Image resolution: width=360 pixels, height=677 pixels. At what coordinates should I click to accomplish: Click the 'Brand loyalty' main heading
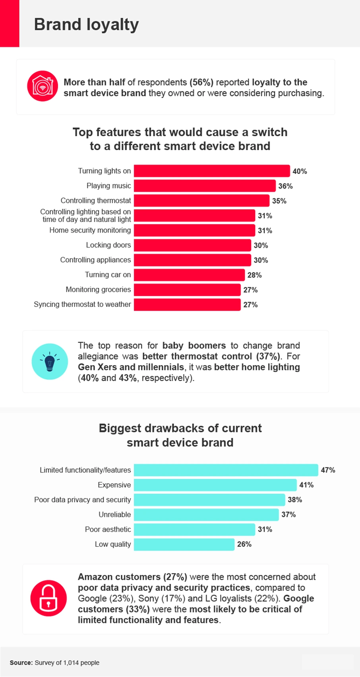tap(86, 25)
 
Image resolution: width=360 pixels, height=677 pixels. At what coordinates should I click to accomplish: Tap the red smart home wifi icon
tap(43, 86)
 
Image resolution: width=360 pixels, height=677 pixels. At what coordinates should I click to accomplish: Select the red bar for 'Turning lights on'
tap(211, 171)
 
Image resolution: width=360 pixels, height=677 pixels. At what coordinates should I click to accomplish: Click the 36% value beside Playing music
tap(285, 186)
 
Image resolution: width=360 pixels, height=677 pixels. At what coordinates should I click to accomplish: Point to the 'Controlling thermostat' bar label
tap(95, 201)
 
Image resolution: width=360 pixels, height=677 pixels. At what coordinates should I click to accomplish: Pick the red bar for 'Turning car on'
tap(189, 275)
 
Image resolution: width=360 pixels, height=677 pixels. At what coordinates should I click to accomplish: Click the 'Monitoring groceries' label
tap(98, 289)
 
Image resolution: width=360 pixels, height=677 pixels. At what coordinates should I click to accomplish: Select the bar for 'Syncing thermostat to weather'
tap(187, 305)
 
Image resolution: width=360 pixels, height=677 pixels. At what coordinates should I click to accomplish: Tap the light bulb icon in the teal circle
tap(50, 362)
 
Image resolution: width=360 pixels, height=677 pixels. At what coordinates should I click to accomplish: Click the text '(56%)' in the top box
tap(201, 82)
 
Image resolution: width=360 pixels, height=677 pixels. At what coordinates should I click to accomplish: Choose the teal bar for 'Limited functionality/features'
tap(226, 470)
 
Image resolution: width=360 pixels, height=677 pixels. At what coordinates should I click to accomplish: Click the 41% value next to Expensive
tap(306, 485)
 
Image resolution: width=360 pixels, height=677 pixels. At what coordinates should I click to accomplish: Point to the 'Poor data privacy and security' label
tap(82, 500)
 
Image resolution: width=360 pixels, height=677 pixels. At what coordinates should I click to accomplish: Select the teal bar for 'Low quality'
tap(184, 544)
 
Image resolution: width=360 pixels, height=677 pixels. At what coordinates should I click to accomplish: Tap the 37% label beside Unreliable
tap(288, 515)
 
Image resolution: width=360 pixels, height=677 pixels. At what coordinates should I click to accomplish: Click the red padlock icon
tap(48, 598)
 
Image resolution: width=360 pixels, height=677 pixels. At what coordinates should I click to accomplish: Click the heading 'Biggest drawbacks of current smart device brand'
tap(180, 435)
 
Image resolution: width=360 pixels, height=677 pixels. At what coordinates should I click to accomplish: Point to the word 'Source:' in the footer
tap(21, 663)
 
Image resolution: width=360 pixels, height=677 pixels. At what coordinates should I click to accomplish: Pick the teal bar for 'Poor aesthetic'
tap(194, 529)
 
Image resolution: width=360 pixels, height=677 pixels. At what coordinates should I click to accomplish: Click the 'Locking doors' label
tap(108, 245)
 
